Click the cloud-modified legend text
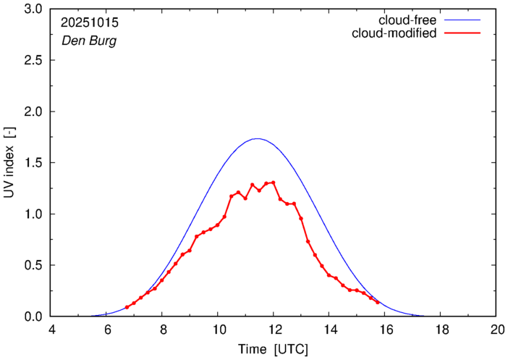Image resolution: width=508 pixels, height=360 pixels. (x=394, y=33)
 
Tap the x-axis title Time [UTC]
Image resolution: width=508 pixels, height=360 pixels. (x=273, y=348)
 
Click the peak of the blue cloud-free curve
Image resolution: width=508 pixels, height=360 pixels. (x=257, y=138)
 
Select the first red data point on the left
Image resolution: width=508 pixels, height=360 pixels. (x=127, y=307)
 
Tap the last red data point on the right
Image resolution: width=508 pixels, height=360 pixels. (x=378, y=303)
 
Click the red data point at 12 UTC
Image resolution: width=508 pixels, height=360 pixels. (x=274, y=183)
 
